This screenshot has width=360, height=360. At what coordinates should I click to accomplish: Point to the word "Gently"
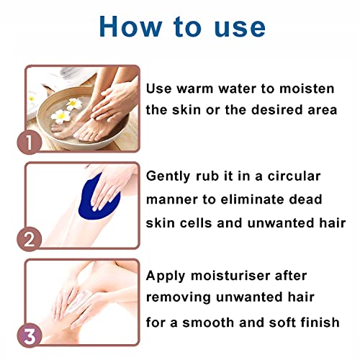click(x=169, y=175)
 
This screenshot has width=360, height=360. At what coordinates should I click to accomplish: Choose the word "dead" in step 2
click(x=314, y=199)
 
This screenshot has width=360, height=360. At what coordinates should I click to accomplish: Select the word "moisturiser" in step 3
click(x=226, y=276)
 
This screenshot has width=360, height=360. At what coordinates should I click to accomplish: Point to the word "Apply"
click(x=165, y=276)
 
